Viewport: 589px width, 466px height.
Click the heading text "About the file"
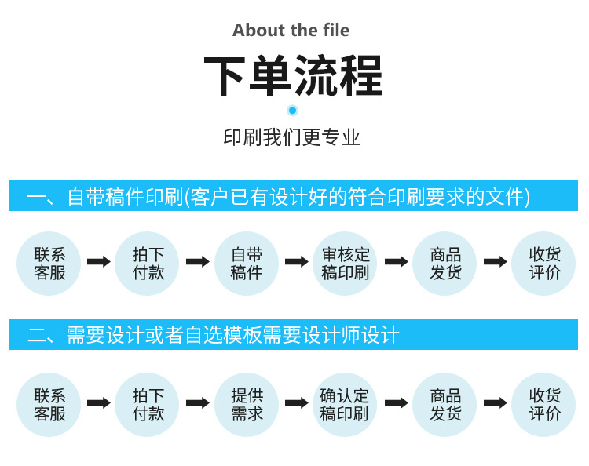tap(291, 31)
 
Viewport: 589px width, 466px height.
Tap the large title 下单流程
tap(293, 76)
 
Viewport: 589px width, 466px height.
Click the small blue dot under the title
tap(293, 111)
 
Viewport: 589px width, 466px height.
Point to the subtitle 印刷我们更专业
tap(292, 138)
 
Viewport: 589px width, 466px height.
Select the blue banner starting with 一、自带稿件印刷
tap(294, 196)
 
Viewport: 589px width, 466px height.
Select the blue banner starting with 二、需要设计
tap(294, 335)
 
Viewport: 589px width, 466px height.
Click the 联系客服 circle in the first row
tap(49, 264)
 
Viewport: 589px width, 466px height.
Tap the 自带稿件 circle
tap(247, 264)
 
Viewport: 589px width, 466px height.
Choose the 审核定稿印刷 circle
tap(346, 264)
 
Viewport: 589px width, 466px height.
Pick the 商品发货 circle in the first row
tap(444, 264)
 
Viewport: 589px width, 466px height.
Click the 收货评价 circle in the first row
tap(543, 264)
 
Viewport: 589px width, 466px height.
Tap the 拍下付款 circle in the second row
tap(148, 404)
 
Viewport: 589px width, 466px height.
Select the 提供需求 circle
tap(247, 404)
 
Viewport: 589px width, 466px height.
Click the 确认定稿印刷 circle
tap(346, 404)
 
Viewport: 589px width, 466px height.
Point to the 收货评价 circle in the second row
tap(543, 404)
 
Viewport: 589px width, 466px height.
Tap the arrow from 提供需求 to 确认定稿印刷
tap(296, 402)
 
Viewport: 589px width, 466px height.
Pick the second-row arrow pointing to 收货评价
tap(495, 402)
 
